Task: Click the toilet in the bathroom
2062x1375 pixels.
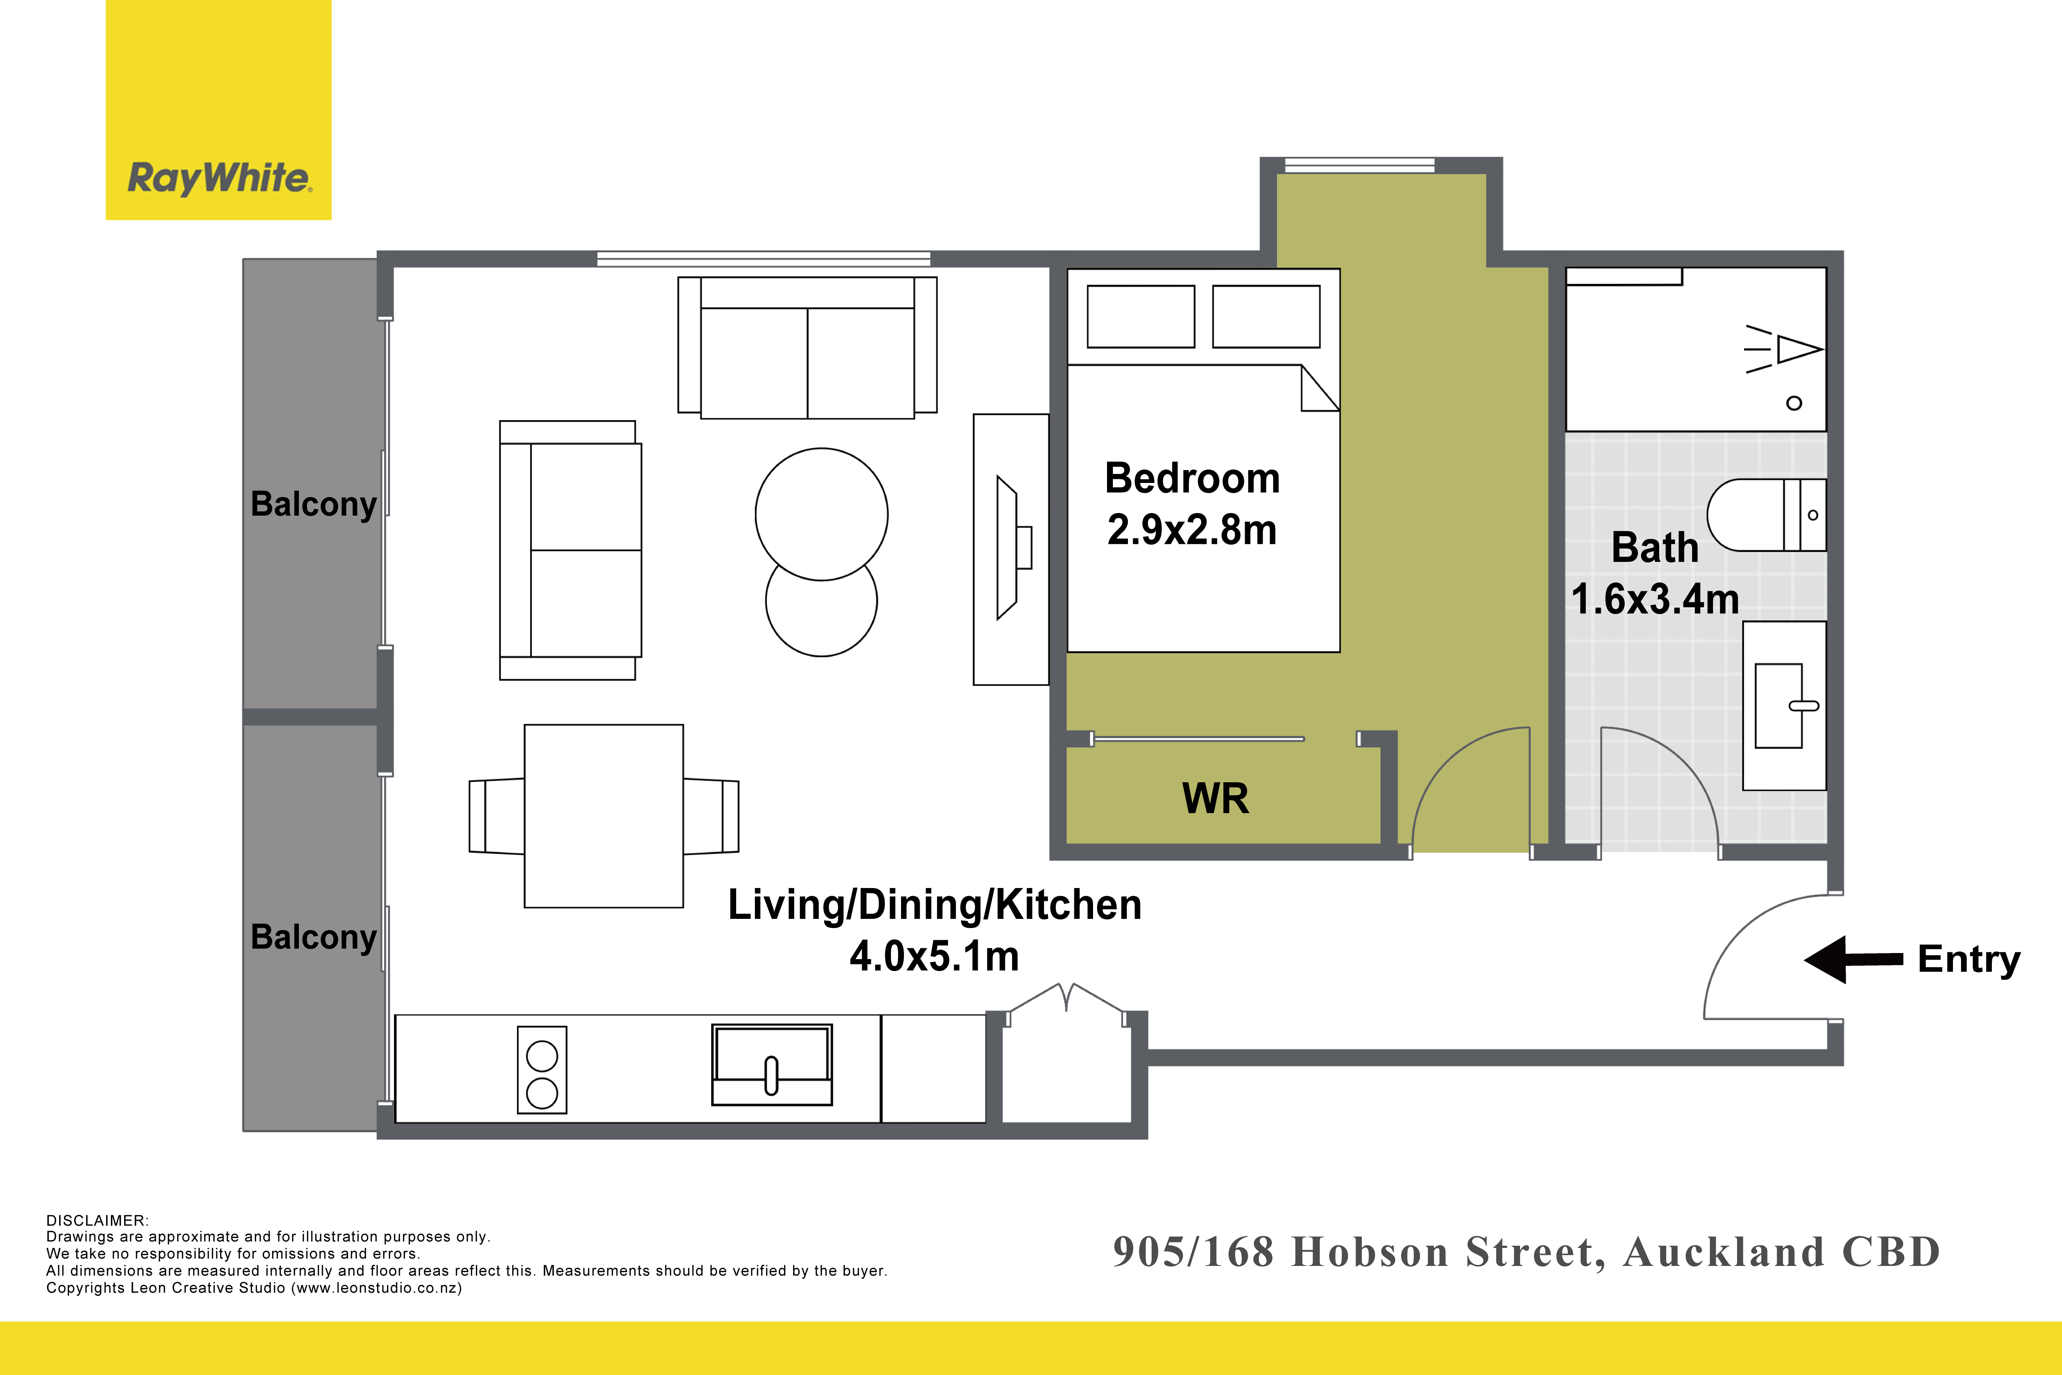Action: pos(1766,515)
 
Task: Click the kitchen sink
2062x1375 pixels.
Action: pos(771,1065)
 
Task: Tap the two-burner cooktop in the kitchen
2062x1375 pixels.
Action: pos(542,1070)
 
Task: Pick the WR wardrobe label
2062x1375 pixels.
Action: pos(1215,798)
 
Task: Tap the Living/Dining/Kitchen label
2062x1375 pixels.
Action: pos(934,905)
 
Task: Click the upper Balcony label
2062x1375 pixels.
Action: pos(314,504)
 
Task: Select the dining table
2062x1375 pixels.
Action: pos(603,816)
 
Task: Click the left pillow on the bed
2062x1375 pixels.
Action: pos(1140,317)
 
